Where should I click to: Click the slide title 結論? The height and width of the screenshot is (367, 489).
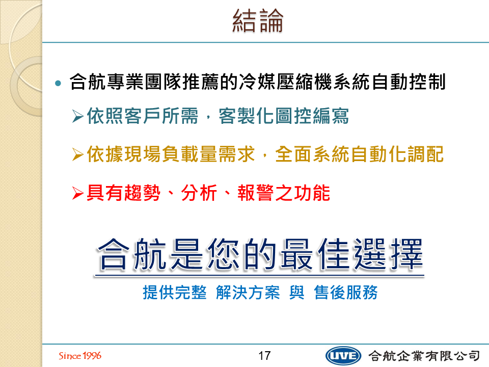(258, 21)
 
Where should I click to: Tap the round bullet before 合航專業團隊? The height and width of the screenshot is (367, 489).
(58, 83)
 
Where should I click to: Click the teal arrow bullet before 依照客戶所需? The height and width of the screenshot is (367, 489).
(77, 116)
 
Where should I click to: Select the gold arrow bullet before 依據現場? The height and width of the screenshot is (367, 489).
(77, 155)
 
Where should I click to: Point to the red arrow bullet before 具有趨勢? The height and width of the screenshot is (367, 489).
(77, 193)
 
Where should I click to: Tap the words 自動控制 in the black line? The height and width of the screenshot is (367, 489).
(409, 82)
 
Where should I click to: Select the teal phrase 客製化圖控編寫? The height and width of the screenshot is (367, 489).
(284, 116)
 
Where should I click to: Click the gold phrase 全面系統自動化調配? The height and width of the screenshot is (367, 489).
(359, 154)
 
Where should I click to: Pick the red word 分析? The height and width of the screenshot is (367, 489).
(199, 193)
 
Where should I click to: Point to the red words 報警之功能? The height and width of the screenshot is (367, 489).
(284, 193)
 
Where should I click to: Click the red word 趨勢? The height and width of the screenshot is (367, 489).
(142, 193)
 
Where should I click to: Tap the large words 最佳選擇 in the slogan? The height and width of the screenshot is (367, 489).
(351, 254)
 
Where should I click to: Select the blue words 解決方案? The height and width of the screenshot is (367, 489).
(248, 293)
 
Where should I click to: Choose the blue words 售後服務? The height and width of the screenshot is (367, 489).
(346, 293)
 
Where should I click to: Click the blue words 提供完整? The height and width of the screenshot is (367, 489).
(175, 293)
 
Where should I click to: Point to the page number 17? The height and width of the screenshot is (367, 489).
(264, 356)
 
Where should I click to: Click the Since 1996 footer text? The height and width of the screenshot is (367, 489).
(80, 356)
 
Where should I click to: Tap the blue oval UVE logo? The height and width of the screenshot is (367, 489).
(343, 356)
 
